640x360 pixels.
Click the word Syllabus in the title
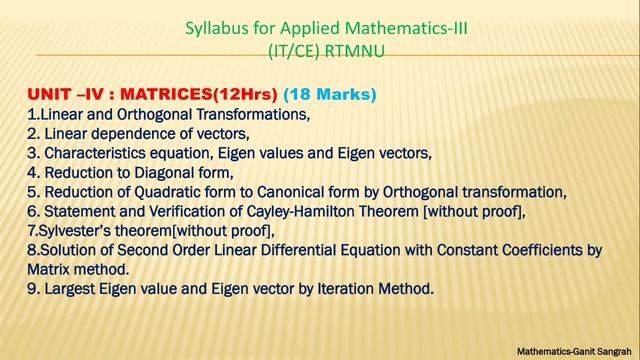coord(216,27)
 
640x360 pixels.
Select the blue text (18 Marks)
coord(330,96)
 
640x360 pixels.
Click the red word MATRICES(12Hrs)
coord(200,96)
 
